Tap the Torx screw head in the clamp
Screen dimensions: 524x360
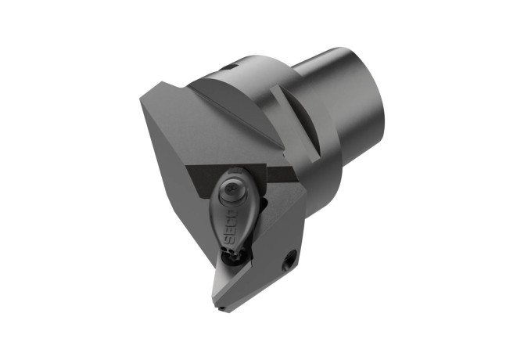click(231, 189)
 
